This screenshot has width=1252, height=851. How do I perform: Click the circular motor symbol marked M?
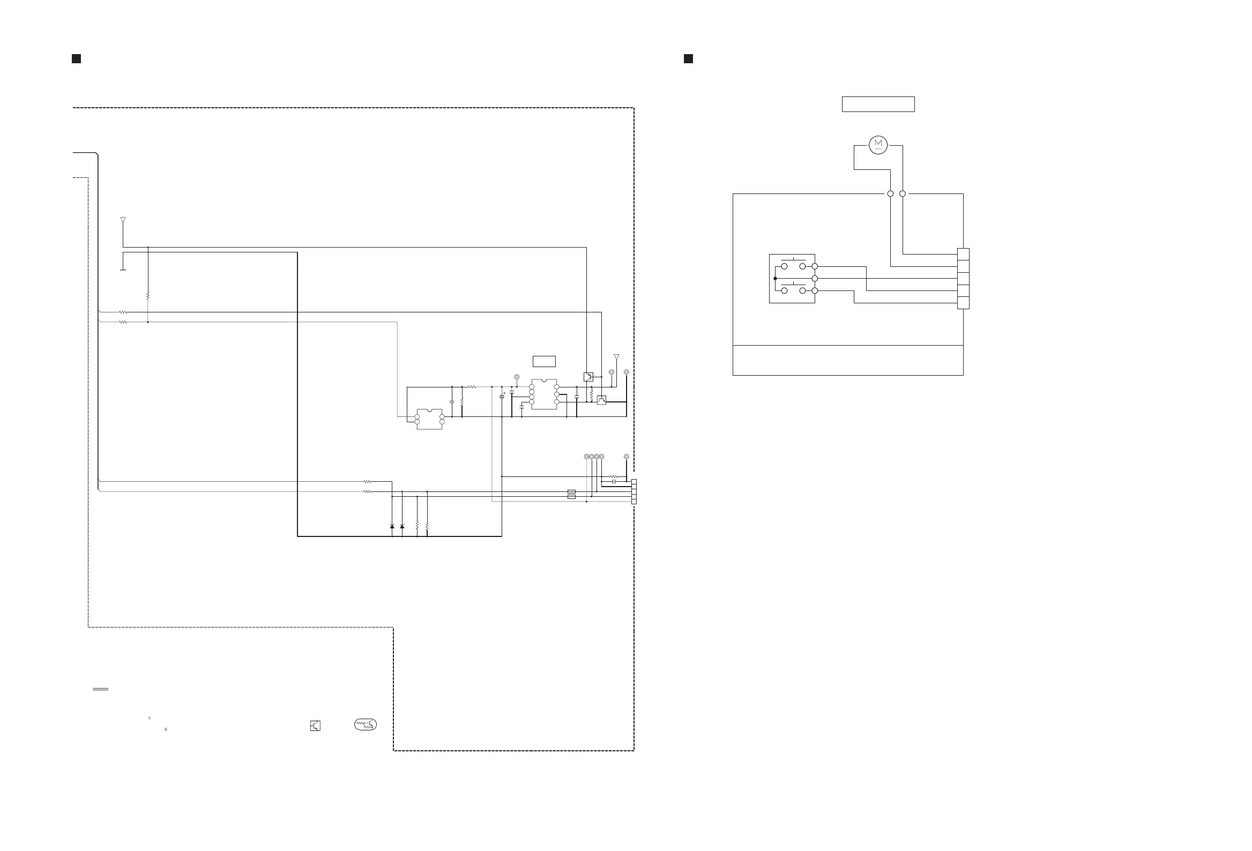pyautogui.click(x=878, y=144)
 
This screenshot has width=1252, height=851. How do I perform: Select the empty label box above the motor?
pyautogui.click(x=878, y=104)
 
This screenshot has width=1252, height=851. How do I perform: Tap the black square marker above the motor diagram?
pyautogui.click(x=688, y=59)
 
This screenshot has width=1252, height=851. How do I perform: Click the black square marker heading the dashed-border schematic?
pyautogui.click(x=76, y=59)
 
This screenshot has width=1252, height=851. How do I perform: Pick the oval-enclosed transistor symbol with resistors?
pyautogui.click(x=366, y=725)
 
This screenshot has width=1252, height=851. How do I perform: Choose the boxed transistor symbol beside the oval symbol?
pyautogui.click(x=315, y=726)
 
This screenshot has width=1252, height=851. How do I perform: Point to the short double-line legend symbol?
pyautogui.click(x=100, y=689)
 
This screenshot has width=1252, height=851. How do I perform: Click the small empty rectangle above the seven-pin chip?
pyautogui.click(x=544, y=361)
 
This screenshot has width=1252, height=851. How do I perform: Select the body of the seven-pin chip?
pyautogui.click(x=544, y=394)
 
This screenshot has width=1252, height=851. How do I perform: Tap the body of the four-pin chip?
pyautogui.click(x=429, y=419)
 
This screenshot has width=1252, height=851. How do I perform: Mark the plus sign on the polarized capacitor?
pyautogui.click(x=504, y=393)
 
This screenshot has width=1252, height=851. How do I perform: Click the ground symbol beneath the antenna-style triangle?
pyautogui.click(x=123, y=270)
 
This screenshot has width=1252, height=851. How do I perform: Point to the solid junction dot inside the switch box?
pyautogui.click(x=775, y=279)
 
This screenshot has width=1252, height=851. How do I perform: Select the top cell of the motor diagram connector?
pyautogui.click(x=963, y=254)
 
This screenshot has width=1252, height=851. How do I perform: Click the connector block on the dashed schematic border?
pyautogui.click(x=634, y=491)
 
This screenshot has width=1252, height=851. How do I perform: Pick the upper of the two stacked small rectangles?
pyautogui.click(x=571, y=491)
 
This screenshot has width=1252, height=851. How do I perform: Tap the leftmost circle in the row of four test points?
pyautogui.click(x=586, y=457)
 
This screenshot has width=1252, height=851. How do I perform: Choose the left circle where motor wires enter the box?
pyautogui.click(x=891, y=193)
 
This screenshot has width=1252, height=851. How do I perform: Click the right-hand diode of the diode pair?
pyautogui.click(x=402, y=526)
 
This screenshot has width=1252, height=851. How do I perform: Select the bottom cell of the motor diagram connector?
pyautogui.click(x=963, y=303)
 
